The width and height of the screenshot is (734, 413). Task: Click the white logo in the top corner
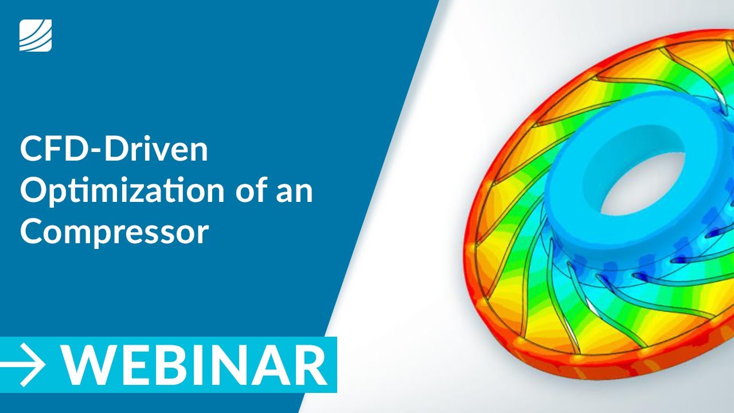tap(36, 35)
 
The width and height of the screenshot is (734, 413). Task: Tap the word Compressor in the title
tap(114, 233)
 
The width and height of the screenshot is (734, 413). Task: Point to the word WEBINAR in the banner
tap(195, 365)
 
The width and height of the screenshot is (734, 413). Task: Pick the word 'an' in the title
tap(297, 192)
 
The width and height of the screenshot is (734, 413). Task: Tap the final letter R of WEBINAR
tap(310, 365)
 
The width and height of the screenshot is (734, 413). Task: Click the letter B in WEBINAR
tap(162, 365)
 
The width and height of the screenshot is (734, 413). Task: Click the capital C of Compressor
tap(33, 232)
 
